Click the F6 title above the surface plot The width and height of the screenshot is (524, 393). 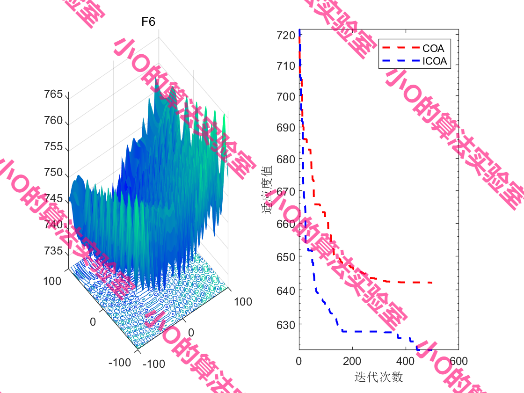(148, 22)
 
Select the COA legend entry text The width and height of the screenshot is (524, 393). (433, 48)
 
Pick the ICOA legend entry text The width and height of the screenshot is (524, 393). (435, 61)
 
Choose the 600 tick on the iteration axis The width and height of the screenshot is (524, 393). (458, 361)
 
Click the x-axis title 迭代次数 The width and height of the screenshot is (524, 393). (379, 377)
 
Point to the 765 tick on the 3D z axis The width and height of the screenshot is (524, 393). (53, 95)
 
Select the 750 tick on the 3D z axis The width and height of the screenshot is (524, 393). (53, 173)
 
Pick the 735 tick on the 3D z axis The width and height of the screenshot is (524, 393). (53, 251)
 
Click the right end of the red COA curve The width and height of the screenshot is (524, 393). (431, 283)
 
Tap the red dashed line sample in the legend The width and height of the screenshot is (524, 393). (400, 48)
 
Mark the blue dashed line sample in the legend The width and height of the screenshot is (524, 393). (400, 61)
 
